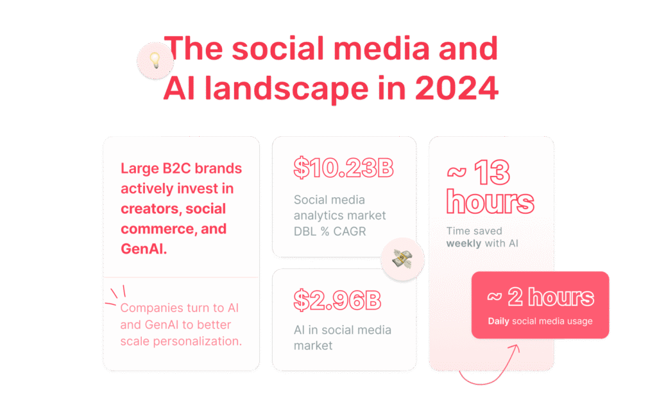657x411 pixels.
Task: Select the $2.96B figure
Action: [x=337, y=299]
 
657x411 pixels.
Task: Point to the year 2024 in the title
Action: [x=456, y=88]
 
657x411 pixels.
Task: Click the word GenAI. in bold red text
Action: [x=144, y=249]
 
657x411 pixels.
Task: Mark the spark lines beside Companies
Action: [x=116, y=294]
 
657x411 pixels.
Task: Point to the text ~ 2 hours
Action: [x=540, y=297]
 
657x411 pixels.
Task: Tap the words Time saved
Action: [x=474, y=231]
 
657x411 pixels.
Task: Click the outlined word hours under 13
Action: [x=490, y=202]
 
